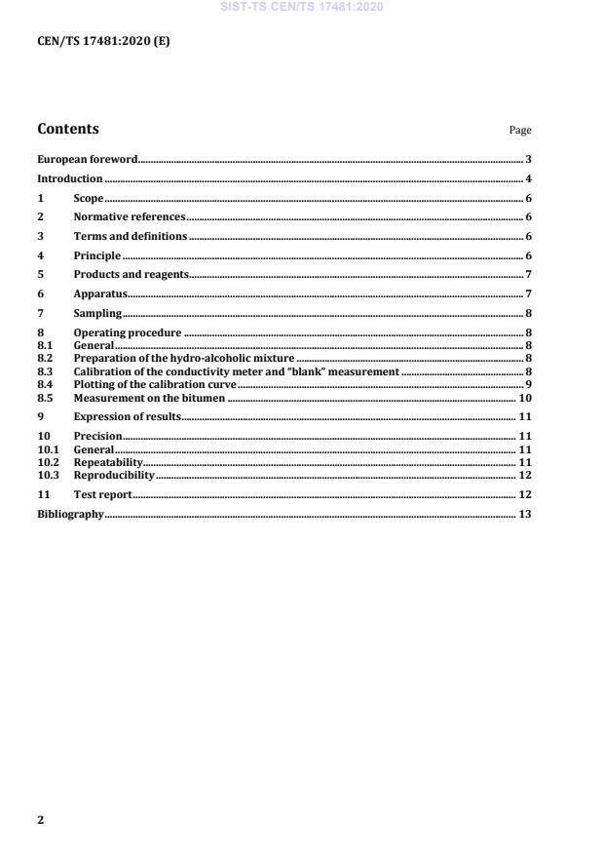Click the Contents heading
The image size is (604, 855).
coord(68,129)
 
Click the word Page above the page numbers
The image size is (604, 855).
coord(520,131)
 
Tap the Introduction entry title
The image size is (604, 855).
coord(69,178)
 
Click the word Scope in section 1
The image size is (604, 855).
coord(89,198)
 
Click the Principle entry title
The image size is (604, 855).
coord(97,255)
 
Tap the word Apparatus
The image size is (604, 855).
coord(101,293)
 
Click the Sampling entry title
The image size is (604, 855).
coord(97,313)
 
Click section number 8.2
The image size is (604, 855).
coord(45,359)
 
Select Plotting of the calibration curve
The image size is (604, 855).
coord(155,384)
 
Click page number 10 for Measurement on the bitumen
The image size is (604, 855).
coord(524,397)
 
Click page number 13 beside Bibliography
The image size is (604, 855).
coord(524,514)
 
